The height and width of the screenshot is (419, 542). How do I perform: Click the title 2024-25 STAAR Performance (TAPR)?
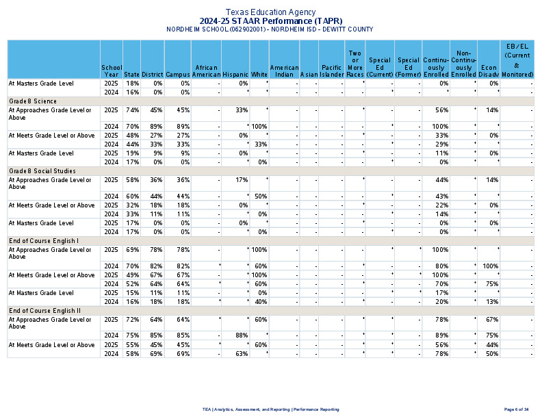270,21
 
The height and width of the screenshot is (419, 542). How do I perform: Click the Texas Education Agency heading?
270,12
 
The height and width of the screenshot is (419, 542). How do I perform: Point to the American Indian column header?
284,71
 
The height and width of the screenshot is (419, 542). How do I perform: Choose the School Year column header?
112,71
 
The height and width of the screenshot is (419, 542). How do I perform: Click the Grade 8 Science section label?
31,101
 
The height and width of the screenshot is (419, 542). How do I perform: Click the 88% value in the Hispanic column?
240,335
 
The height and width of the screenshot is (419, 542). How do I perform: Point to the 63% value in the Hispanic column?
240,353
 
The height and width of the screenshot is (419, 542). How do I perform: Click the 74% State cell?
132,110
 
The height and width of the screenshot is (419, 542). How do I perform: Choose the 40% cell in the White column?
260,301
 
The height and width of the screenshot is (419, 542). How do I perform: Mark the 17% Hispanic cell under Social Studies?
240,179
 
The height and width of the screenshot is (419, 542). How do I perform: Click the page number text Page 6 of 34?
516,409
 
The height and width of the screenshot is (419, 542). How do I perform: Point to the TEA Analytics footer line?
270,409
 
